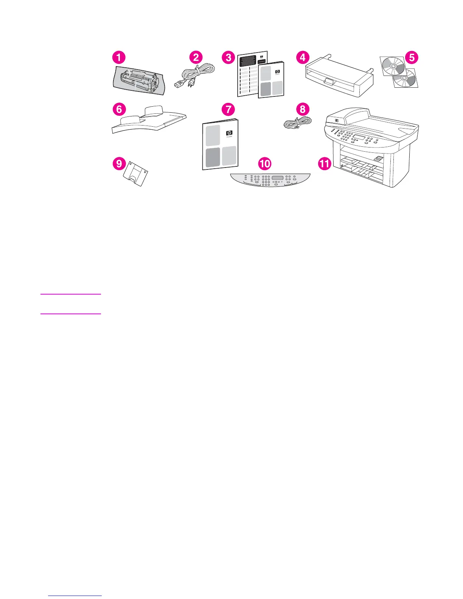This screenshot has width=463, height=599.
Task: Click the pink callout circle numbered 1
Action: (x=119, y=58)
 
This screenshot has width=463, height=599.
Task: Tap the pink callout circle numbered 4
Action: (x=302, y=57)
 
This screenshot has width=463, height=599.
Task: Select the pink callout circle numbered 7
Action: (x=228, y=110)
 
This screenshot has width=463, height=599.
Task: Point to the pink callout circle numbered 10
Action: (x=265, y=164)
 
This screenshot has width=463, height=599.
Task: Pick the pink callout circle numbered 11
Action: (x=325, y=164)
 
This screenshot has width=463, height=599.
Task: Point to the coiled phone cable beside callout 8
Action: (x=298, y=123)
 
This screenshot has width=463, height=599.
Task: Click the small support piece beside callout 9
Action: (x=135, y=174)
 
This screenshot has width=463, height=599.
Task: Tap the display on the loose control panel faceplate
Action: (x=277, y=178)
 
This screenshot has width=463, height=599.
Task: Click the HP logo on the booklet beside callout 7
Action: (x=229, y=133)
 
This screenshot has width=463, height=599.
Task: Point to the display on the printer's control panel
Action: (x=359, y=136)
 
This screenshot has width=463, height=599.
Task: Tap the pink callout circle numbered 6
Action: (x=119, y=110)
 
